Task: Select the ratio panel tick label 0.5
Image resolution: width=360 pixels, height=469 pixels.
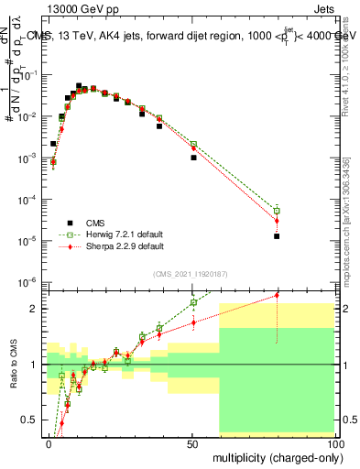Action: click(34, 420)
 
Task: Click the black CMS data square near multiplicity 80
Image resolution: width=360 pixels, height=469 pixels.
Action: click(277, 236)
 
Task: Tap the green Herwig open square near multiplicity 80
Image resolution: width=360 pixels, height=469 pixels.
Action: click(277, 211)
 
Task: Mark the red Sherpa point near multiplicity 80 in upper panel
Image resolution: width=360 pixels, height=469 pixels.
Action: click(277, 221)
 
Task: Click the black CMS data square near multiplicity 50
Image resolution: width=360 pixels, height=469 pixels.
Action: click(193, 158)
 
